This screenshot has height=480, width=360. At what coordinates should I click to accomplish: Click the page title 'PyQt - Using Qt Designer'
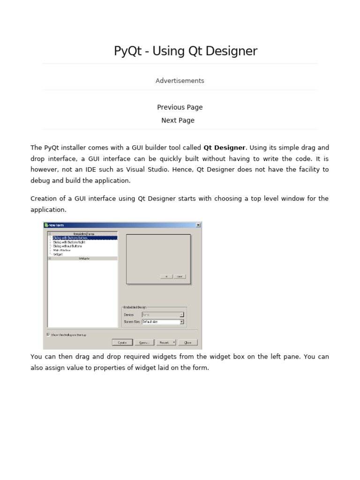pyautogui.click(x=185, y=51)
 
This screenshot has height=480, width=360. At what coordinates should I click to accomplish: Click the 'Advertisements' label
pyautogui.click(x=180, y=81)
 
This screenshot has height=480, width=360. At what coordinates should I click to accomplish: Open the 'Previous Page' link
pyautogui.click(x=180, y=107)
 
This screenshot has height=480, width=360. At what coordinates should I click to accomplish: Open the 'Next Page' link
pyautogui.click(x=178, y=120)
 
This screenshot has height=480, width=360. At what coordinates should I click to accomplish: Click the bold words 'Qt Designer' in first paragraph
pyautogui.click(x=224, y=148)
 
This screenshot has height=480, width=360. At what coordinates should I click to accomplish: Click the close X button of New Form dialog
pyautogui.click(x=198, y=225)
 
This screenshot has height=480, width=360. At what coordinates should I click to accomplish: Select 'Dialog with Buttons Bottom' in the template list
pyautogui.click(x=70, y=238)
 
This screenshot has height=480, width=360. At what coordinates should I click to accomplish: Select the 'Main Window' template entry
pyautogui.click(x=62, y=250)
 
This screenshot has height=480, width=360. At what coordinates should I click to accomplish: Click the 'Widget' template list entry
pyautogui.click(x=58, y=254)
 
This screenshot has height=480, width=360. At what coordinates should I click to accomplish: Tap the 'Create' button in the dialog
pyautogui.click(x=122, y=342)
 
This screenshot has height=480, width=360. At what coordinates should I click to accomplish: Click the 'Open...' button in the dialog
pyautogui.click(x=144, y=342)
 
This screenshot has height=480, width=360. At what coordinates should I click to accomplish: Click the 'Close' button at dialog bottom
pyautogui.click(x=188, y=342)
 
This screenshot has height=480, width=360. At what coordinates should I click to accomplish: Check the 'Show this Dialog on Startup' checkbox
pyautogui.click(x=48, y=335)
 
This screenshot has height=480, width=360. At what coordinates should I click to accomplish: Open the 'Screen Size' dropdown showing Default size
pyautogui.click(x=163, y=322)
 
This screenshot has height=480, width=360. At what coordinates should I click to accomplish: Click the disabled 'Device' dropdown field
pyautogui.click(x=163, y=315)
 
